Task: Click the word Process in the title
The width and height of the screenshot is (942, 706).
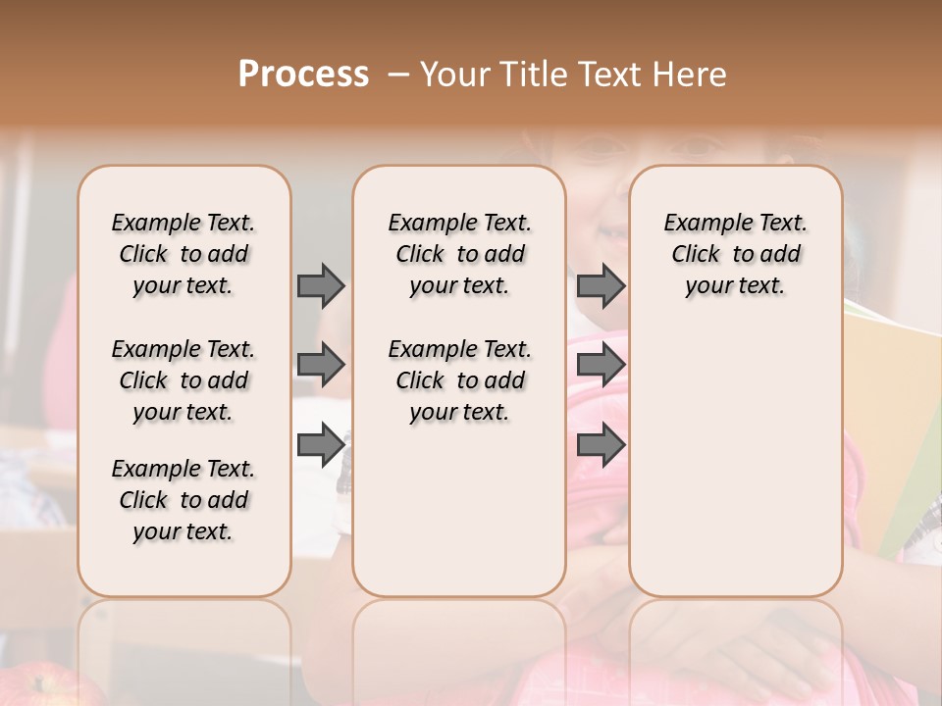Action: [x=303, y=75]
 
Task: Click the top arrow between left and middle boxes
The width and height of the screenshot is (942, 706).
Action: [x=320, y=285]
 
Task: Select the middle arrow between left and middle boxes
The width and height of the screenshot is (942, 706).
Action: [x=320, y=365]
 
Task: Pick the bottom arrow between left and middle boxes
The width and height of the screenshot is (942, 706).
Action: [x=320, y=446]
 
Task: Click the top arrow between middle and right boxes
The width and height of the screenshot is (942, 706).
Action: [x=601, y=285]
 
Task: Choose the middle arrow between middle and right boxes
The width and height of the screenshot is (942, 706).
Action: [x=601, y=365]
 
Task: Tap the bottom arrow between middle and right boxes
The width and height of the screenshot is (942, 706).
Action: [x=601, y=446]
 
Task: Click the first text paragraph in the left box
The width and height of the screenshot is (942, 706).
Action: [x=183, y=254]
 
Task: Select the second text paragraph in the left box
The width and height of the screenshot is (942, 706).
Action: [x=183, y=380]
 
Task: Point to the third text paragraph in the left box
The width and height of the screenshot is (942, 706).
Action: [x=183, y=500]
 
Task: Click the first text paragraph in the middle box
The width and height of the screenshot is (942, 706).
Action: [x=459, y=254]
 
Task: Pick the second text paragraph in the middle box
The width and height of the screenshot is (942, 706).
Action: [x=459, y=380]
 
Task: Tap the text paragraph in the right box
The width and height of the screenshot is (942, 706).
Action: [x=735, y=254]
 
